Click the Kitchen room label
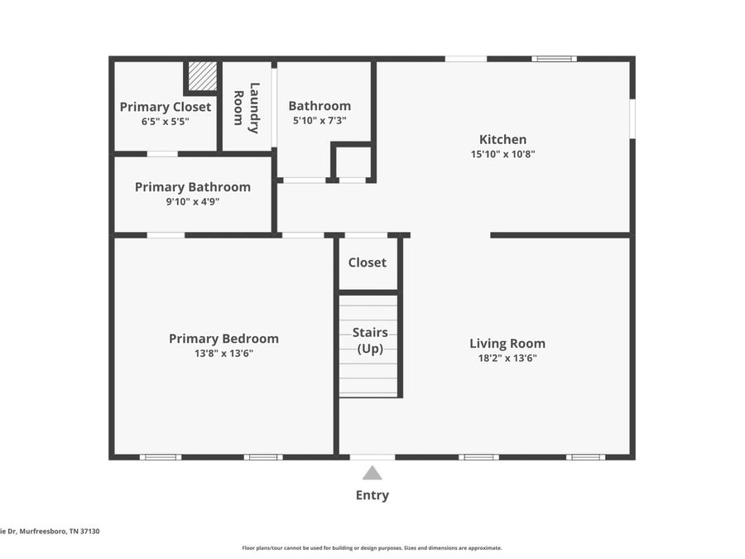pyautogui.click(x=502, y=139)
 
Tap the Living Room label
pyautogui.click(x=507, y=344)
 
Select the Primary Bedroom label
pyautogui.click(x=223, y=339)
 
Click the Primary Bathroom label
pyautogui.click(x=192, y=187)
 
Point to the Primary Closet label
pyautogui.click(x=165, y=107)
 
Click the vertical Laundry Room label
pyautogui.click(x=247, y=108)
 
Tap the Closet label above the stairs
pyautogui.click(x=367, y=263)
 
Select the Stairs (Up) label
pyautogui.click(x=369, y=340)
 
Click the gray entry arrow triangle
pyautogui.click(x=372, y=473)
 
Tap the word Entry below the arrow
pyautogui.click(x=372, y=495)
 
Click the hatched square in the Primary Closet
pyautogui.click(x=202, y=77)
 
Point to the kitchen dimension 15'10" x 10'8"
pyautogui.click(x=502, y=154)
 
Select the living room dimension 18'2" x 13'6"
pyautogui.click(x=507, y=359)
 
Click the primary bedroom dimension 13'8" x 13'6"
pyautogui.click(x=223, y=354)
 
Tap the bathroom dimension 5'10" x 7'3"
pyautogui.click(x=320, y=121)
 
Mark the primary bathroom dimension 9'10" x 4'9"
pyautogui.click(x=192, y=202)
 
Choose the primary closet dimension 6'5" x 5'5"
pyautogui.click(x=165, y=122)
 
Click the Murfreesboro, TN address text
pyautogui.click(x=50, y=532)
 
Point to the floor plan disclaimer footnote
pyautogui.click(x=372, y=547)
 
